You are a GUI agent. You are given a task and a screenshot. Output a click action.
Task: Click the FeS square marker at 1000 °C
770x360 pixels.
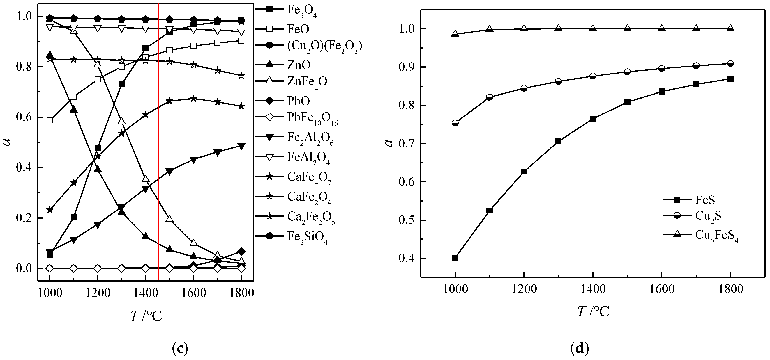pos(455,258)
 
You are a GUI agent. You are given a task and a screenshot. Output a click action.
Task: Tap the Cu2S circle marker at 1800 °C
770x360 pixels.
pos(731,63)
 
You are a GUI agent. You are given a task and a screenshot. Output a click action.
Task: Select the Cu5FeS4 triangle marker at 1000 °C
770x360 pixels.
pos(455,33)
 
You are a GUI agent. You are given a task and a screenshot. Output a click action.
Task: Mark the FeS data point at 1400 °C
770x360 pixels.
pos(593,119)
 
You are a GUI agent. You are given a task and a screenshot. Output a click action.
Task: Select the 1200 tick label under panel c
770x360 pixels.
pos(97,293)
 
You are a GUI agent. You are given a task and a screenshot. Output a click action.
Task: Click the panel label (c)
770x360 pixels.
pos(180,348)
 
